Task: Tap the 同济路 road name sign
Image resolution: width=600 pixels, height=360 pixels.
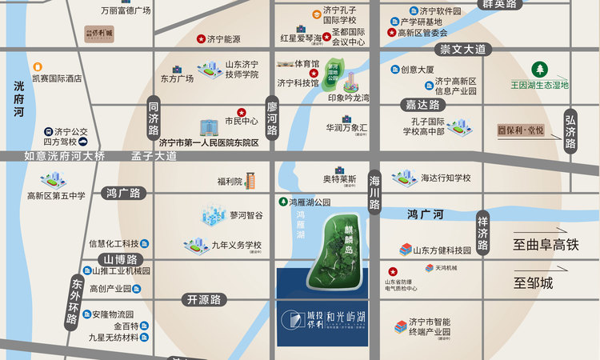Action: pyautogui.click(x=153, y=119)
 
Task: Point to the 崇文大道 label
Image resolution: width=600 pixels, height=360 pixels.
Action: pyautogui.click(x=462, y=50)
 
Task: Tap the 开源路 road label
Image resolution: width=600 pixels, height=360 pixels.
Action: pyautogui.click(x=204, y=300)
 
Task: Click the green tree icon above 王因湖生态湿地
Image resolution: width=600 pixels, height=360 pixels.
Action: pyautogui.click(x=539, y=70)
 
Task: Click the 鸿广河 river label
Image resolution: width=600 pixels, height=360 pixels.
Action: pyautogui.click(x=425, y=214)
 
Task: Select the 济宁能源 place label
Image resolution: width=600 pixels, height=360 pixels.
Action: pyautogui.click(x=223, y=38)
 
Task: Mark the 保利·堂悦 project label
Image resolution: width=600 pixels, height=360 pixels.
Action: pyautogui.click(x=520, y=129)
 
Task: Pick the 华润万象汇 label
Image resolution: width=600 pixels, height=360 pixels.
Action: pyautogui.click(x=346, y=127)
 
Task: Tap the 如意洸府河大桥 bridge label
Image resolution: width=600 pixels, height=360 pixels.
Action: pyautogui.click(x=64, y=156)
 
